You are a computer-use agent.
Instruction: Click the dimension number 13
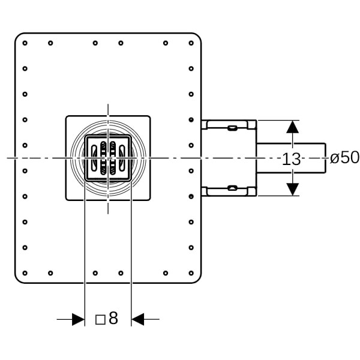pyautogui.click(x=291, y=159)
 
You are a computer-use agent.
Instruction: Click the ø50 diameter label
pyautogui.click(x=345, y=158)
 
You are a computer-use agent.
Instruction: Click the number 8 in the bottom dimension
pyautogui.click(x=113, y=319)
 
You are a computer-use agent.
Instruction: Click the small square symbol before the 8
pyautogui.click(x=100, y=319)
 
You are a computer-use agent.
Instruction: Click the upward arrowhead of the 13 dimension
pyautogui.click(x=292, y=127)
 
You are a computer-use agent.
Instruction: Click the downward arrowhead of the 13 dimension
pyautogui.click(x=292, y=188)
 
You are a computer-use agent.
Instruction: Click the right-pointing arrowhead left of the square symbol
pyautogui.click(x=78, y=319)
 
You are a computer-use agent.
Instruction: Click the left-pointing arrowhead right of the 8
pyautogui.click(x=138, y=319)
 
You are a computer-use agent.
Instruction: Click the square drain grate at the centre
pyautogui.click(x=108, y=158)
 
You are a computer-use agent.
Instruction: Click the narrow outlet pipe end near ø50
pyautogui.click(x=321, y=158)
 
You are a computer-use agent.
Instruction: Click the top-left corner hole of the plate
pyautogui.click(x=25, y=43)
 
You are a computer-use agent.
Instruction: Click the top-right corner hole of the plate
pyautogui.click(x=191, y=43)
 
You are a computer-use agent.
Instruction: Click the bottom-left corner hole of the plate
pyautogui.click(x=25, y=273)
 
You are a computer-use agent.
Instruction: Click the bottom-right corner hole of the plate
pyautogui.click(x=191, y=273)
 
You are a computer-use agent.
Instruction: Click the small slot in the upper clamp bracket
pyautogui.click(x=232, y=127)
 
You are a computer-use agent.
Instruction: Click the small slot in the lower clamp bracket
pyautogui.click(x=232, y=188)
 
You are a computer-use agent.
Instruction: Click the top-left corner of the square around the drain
pyautogui.click(x=66, y=116)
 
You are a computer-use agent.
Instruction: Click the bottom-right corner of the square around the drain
pyautogui.click(x=150, y=200)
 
